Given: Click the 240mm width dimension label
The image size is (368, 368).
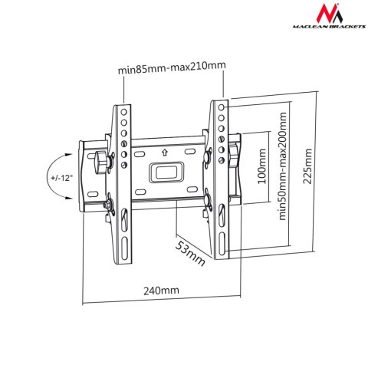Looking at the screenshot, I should tap(160, 291).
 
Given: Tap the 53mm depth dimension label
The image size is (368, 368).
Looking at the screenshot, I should tap(192, 254).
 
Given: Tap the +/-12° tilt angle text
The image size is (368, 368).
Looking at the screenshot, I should tap(61, 178).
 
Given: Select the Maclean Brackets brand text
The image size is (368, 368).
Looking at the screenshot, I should tap(322, 33).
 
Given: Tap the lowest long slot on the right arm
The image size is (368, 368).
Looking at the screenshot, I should tap(221, 244).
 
